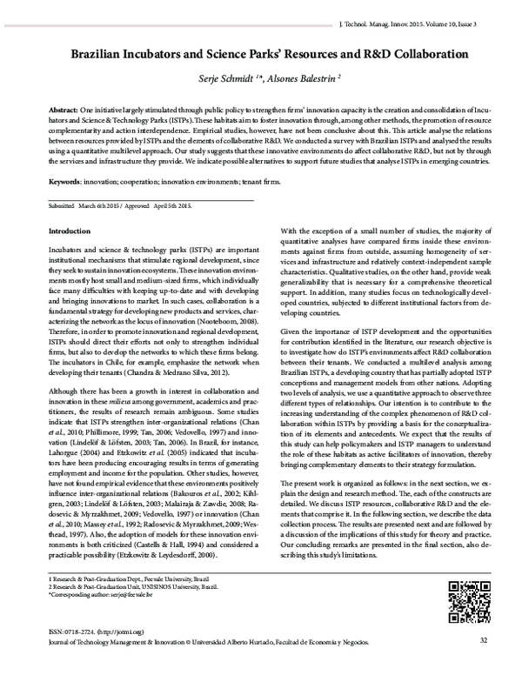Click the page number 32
pyautogui.click(x=484, y=666)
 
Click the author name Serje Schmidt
pyautogui.click(x=228, y=78)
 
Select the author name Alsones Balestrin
pyautogui.click(x=298, y=78)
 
